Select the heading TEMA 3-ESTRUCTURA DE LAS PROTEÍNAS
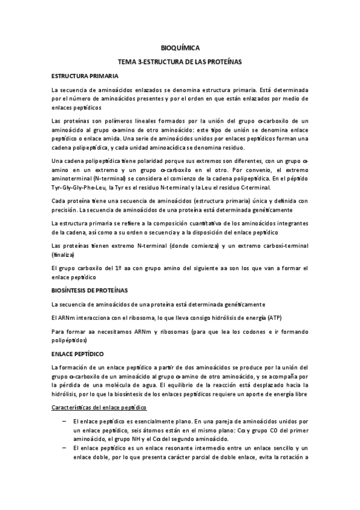(180, 62)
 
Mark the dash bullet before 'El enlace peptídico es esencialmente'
(64, 423)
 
